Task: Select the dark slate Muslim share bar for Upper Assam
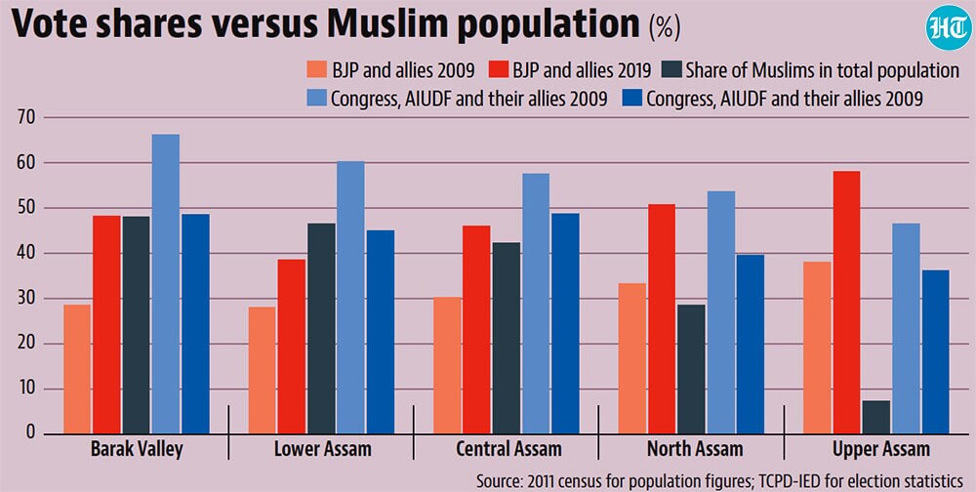click(876, 417)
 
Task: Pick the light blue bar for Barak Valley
click(166, 284)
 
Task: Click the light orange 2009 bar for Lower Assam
click(262, 370)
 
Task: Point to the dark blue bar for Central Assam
click(565, 324)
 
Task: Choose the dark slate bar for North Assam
click(692, 369)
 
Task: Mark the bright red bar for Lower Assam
click(291, 347)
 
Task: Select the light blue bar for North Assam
click(721, 312)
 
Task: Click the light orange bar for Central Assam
click(447, 365)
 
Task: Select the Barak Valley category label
click(137, 449)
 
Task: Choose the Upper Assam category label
click(881, 449)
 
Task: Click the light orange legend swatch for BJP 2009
click(316, 69)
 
